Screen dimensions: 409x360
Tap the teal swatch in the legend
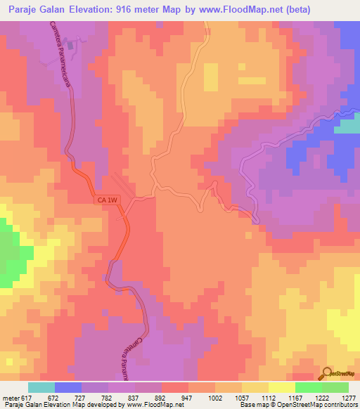[x=41, y=387]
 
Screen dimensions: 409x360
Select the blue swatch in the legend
[x=68, y=387]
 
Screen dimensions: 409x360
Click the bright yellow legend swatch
[x=282, y=387]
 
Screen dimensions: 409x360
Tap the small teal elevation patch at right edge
[x=347, y=126]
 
